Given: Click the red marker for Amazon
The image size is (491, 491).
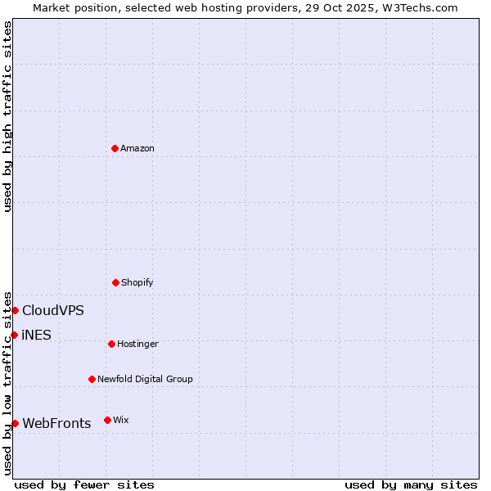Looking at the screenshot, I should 115,148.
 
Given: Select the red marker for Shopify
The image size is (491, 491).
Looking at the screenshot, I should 115,282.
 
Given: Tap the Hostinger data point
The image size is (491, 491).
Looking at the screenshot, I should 111,344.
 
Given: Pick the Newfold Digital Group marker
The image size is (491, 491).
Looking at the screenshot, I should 92,379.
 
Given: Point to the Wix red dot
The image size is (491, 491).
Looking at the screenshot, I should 107,420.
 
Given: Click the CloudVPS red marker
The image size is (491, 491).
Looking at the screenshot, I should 15,310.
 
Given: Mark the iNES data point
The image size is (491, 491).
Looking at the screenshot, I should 14,335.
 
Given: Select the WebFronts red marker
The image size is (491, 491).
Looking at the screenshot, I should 15,423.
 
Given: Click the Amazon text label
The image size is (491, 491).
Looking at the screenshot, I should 137,148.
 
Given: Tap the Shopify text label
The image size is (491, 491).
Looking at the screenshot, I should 137,282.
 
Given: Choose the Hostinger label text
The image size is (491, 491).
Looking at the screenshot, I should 137,344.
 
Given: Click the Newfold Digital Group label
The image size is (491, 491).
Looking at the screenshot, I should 145,379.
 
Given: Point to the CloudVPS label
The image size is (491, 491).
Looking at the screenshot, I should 52,310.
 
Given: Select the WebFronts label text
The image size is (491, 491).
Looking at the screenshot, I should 56,423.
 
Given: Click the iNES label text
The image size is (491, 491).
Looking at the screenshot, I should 36,335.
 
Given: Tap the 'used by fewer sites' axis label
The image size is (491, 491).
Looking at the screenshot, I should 84,484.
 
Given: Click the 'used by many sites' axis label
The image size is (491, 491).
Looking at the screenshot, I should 411,484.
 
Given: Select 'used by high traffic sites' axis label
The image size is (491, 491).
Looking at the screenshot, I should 7,116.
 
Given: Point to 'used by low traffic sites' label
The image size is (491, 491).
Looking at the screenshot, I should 7,383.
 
